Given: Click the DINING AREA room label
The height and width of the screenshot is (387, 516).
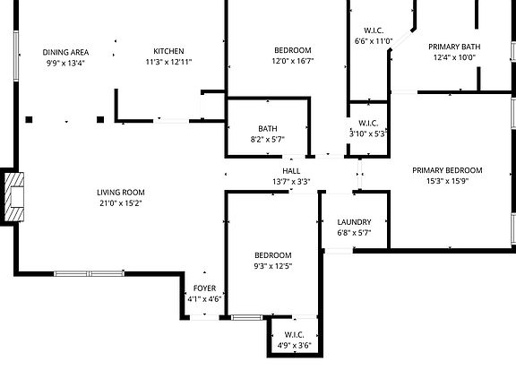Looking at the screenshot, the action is point(65,52).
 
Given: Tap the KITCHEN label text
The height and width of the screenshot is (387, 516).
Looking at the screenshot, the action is point(168,51).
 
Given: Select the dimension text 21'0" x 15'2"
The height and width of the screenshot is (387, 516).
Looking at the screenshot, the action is point(121,203).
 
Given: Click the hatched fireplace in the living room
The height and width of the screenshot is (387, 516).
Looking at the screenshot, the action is point(14,197).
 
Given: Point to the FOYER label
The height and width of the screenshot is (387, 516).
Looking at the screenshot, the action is point(204,288).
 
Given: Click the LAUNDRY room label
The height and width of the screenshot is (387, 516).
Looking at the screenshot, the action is point(354,222).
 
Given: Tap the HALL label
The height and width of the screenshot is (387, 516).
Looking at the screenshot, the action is point(291,171).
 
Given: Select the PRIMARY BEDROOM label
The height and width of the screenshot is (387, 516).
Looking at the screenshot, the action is point(447,170).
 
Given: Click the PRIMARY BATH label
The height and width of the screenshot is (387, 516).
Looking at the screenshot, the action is point(454,47).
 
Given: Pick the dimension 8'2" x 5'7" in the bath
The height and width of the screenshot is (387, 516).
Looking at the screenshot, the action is point(268,139).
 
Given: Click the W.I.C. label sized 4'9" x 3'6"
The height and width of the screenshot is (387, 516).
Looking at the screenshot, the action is point(294,335).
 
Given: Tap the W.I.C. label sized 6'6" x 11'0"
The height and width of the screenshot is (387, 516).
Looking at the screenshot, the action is point(374,30).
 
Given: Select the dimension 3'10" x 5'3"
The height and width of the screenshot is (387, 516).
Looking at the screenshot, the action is point(368,134).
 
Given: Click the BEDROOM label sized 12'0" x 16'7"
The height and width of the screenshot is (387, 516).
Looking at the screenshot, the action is point(293,50).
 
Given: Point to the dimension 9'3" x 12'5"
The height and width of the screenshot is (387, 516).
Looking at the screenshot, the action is point(273,266).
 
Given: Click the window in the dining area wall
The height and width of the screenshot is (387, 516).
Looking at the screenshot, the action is point(16,56).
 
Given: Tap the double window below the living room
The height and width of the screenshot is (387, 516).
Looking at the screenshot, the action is point(89,273).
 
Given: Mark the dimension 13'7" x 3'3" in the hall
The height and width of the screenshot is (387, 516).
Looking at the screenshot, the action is point(291,181).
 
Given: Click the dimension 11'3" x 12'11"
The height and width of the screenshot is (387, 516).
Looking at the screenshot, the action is point(168,62).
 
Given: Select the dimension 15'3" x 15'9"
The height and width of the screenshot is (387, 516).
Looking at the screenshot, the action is point(447,181).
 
